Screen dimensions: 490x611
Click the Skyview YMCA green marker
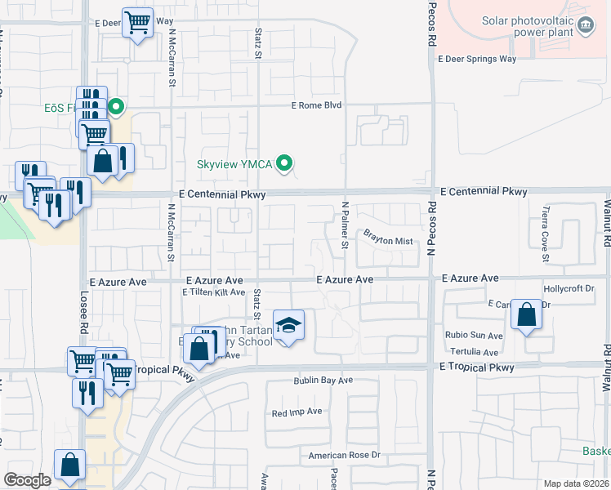click(284, 164)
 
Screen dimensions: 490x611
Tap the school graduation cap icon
click(288, 325)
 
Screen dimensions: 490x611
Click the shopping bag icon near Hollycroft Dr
click(528, 314)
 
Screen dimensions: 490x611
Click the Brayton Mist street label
click(388, 241)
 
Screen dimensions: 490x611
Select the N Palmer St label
click(346, 226)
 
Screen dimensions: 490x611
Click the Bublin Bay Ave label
click(323, 381)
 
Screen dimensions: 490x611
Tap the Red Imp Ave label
click(297, 413)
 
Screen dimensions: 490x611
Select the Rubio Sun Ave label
click(474, 336)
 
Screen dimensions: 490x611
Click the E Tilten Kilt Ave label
click(214, 292)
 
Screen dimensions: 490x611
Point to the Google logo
click(27, 480)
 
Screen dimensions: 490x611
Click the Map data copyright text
click(576, 483)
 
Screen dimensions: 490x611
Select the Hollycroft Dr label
click(569, 289)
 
